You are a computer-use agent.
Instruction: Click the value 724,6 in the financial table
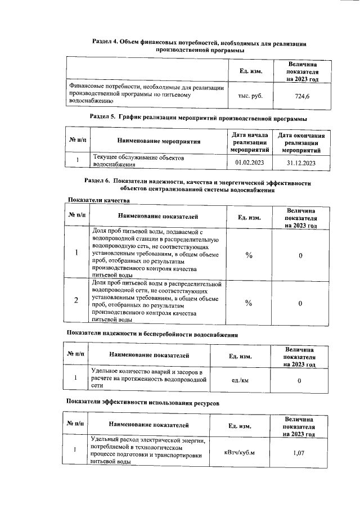coord(302,96)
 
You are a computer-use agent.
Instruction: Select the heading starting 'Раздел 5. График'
coord(199,119)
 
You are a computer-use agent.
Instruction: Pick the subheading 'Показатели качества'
coord(99,201)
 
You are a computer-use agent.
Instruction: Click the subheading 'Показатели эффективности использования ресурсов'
coord(139,403)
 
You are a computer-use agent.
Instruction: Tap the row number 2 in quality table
coord(76,300)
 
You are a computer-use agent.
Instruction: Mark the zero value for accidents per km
coord(299,381)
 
